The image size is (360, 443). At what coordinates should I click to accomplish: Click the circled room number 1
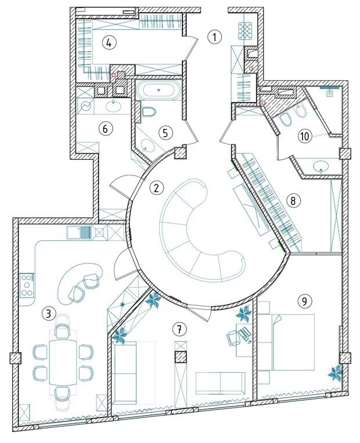point(214,37)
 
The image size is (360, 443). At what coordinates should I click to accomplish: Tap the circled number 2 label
point(157,188)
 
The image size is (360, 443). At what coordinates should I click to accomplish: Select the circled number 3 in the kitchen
point(49,314)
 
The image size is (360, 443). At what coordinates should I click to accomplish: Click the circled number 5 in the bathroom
point(165,132)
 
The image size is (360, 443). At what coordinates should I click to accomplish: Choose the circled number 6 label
point(105,129)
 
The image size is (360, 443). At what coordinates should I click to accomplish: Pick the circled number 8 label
point(293,200)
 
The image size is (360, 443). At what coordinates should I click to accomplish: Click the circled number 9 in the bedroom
point(304,301)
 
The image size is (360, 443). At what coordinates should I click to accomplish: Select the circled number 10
point(305,136)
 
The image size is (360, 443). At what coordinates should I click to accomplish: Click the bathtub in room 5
point(159,90)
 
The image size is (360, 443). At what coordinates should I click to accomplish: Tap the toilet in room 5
point(148,112)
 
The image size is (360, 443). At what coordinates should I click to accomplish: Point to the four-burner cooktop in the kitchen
point(27,285)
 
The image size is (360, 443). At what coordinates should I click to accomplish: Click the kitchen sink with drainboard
point(80,233)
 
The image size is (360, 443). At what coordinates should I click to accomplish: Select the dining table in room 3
point(63,363)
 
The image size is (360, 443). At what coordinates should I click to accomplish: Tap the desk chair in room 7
point(233,337)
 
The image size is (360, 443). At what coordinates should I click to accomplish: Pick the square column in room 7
point(181,357)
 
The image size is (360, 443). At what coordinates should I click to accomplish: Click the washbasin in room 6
point(114,106)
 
